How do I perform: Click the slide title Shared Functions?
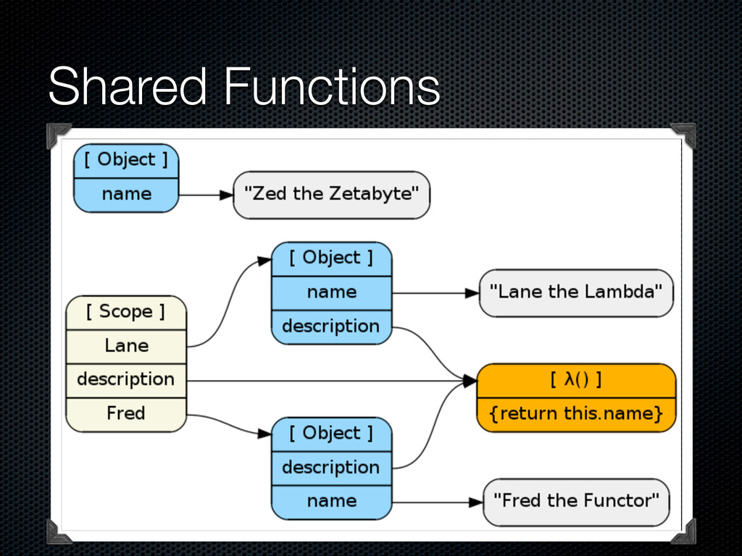pyautogui.click(x=243, y=88)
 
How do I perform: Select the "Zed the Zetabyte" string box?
pyautogui.click(x=331, y=195)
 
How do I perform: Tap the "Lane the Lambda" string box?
pyautogui.click(x=576, y=292)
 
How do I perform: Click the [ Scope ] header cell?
pyautogui.click(x=126, y=312)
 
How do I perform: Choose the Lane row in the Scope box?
pyautogui.click(x=126, y=346)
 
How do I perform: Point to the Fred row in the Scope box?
pyautogui.click(x=126, y=413)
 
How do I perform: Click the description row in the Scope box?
pyautogui.click(x=126, y=379)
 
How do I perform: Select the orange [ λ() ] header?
pyautogui.click(x=576, y=380)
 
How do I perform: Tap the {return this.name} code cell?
pyautogui.click(x=576, y=414)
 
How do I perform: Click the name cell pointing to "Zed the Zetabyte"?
pyautogui.click(x=126, y=194)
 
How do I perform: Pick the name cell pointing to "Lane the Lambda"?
pyautogui.click(x=331, y=292)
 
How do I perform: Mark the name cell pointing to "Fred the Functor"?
pyautogui.click(x=331, y=501)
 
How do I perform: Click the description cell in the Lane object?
pyautogui.click(x=331, y=327)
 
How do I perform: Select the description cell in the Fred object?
pyautogui.click(x=331, y=467)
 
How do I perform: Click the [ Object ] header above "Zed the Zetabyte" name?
pyautogui.click(x=126, y=160)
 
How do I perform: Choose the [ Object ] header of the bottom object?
pyautogui.click(x=331, y=433)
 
